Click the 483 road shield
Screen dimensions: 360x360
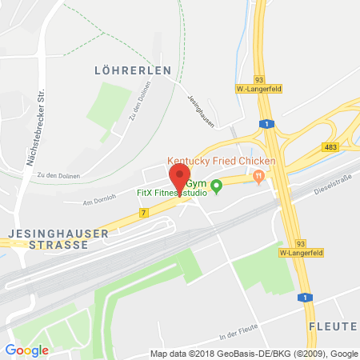click(330, 149)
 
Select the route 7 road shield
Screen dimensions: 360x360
click(143, 212)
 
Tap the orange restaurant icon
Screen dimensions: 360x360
click(257, 176)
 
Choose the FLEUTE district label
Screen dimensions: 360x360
click(333, 326)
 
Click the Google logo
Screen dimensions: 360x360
click(26, 350)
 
